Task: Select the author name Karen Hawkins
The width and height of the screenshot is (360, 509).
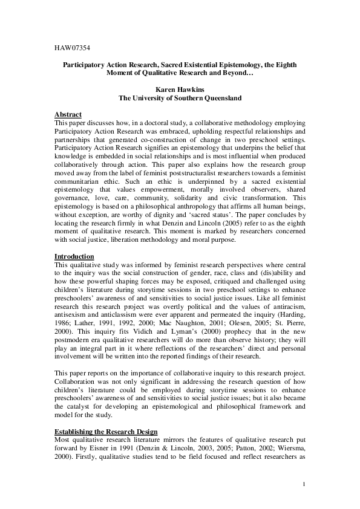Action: [x=180, y=89]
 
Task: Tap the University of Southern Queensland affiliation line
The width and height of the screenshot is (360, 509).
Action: [x=180, y=97]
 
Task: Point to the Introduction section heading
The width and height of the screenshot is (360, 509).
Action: [x=74, y=256]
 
